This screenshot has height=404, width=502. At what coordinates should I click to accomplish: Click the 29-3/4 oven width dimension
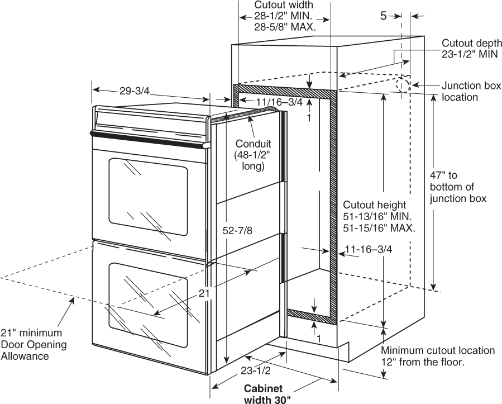[135, 91]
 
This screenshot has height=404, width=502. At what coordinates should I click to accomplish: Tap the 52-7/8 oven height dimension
[237, 230]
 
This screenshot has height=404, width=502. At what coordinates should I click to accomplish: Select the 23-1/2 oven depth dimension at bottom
[256, 370]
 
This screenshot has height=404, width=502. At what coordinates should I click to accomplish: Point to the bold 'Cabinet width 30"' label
[267, 395]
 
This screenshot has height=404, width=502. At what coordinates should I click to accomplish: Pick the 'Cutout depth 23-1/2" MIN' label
[472, 49]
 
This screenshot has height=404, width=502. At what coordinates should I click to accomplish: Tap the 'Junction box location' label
[471, 91]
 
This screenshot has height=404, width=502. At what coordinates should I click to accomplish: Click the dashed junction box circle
[403, 85]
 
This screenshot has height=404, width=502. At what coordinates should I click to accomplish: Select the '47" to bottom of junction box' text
[458, 187]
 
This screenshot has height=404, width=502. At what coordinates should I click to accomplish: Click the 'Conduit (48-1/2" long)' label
[253, 155]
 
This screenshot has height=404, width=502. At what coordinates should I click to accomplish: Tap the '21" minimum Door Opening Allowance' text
[34, 344]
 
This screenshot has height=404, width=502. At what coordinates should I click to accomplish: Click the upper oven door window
[148, 197]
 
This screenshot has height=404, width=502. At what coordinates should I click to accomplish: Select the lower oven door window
[148, 305]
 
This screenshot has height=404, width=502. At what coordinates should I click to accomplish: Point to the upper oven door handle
[150, 140]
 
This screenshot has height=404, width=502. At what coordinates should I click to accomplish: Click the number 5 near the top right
[384, 16]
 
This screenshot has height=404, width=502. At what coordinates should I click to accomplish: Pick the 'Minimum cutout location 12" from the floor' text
[438, 357]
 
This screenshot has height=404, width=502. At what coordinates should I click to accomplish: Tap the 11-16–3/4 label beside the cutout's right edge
[368, 249]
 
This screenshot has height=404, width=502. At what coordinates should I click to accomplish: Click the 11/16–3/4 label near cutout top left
[279, 102]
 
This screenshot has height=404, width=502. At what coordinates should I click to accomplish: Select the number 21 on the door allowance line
[204, 293]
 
